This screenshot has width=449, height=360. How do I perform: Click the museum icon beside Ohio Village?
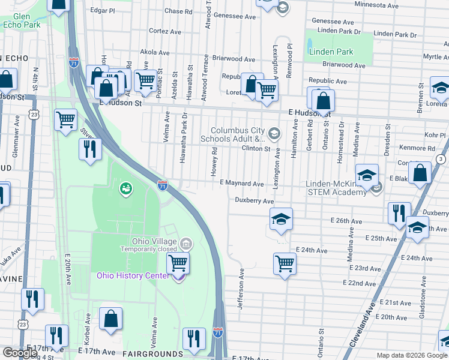(x=186, y=244)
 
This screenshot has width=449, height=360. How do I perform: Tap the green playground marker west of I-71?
(x=125, y=189)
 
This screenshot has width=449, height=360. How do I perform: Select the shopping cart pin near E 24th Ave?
(x=285, y=263)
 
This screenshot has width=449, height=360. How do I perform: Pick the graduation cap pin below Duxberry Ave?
(x=280, y=220)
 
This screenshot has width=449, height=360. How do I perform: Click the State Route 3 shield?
(x=441, y=158)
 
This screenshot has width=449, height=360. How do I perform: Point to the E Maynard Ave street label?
(x=242, y=184)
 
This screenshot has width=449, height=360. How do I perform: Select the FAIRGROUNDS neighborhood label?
(x=152, y=355)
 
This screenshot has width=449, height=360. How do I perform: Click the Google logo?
(x=20, y=353)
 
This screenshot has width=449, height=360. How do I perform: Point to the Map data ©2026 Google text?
(x=411, y=355)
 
